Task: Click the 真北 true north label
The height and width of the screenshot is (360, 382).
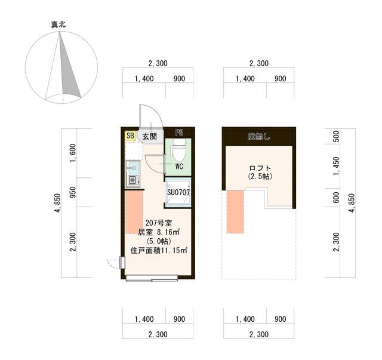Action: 58,24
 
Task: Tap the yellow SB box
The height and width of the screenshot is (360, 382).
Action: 130,136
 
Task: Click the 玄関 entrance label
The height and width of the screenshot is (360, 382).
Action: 149,136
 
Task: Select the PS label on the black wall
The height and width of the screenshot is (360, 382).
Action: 179,133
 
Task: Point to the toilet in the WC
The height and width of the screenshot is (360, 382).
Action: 178,149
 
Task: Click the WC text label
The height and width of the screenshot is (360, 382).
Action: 178,167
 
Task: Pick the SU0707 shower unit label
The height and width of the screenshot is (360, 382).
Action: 178,192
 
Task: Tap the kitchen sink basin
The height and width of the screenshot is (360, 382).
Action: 133,167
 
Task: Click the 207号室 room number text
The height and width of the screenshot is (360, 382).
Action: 158,223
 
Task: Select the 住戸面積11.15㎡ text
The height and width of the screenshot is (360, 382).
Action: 159,251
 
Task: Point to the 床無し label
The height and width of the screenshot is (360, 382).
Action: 258,137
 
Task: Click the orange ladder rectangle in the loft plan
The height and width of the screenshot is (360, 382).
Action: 235,211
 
